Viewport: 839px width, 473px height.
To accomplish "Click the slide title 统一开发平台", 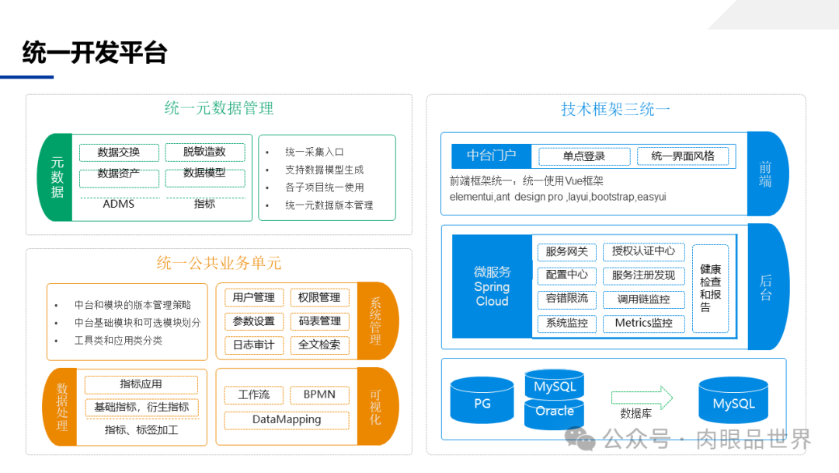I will (x=95, y=53).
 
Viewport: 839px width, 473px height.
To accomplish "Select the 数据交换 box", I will (x=119, y=152).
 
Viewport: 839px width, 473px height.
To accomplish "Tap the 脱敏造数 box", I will (x=204, y=152).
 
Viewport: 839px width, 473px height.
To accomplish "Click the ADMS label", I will (x=119, y=204).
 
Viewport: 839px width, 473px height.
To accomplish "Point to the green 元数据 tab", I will (x=57, y=177).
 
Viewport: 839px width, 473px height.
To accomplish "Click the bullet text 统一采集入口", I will (x=315, y=152).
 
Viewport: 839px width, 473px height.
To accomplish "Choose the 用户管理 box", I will (x=253, y=297).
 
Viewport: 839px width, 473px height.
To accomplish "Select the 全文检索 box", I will (x=319, y=345).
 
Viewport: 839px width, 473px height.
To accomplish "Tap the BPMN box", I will (x=319, y=394).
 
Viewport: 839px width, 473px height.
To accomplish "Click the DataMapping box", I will (x=287, y=419).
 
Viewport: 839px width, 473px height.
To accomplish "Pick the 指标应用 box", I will (x=141, y=384).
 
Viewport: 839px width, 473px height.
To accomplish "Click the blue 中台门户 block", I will (x=491, y=156).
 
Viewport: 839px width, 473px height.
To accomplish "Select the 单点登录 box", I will (x=583, y=156).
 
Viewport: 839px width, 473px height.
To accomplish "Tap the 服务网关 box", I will (x=566, y=251).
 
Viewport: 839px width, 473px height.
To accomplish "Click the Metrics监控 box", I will (x=643, y=323).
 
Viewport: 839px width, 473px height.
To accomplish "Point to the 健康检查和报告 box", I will (x=710, y=288).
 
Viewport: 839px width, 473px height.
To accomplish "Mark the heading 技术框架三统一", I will (x=615, y=109).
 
